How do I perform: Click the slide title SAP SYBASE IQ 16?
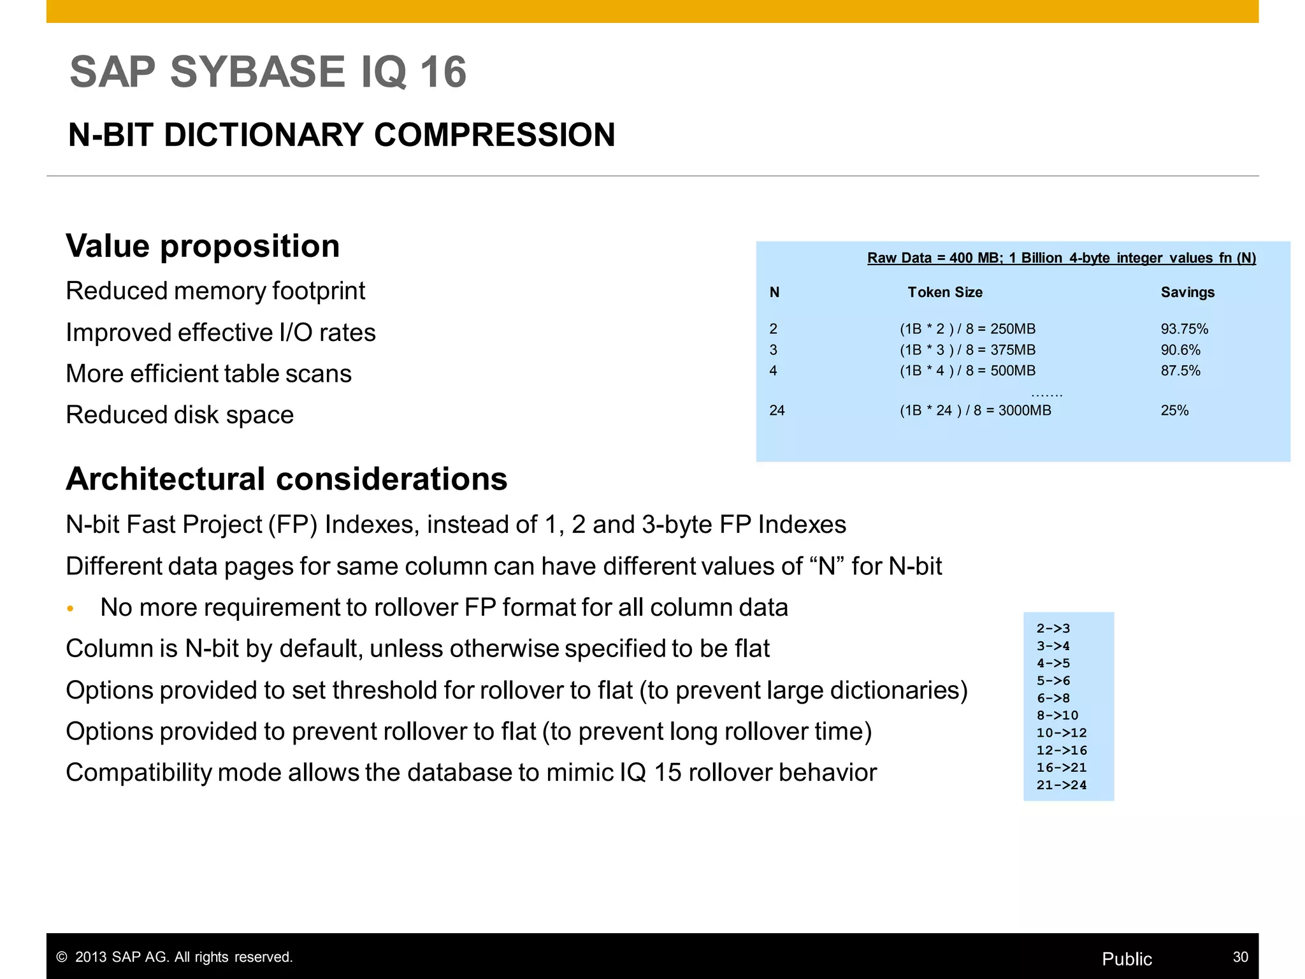268,71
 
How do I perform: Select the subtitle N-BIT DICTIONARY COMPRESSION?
342,135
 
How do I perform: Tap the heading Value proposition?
203,246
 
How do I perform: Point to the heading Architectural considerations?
286,479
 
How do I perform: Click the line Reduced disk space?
180,415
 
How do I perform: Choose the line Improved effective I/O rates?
220,333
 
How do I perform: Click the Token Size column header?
944,293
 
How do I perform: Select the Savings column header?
1187,293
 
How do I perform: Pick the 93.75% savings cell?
1184,329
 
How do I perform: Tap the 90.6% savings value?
1180,350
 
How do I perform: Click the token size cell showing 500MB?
967,371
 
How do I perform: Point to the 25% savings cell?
1174,410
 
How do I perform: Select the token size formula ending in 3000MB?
975,410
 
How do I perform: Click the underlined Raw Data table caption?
1061,258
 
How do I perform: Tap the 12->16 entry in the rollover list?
1062,750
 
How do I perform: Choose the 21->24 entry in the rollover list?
1062,785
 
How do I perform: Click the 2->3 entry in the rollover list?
1053,628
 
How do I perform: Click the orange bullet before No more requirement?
71,609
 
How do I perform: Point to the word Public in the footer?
1127,959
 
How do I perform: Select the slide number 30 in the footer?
1240,957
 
